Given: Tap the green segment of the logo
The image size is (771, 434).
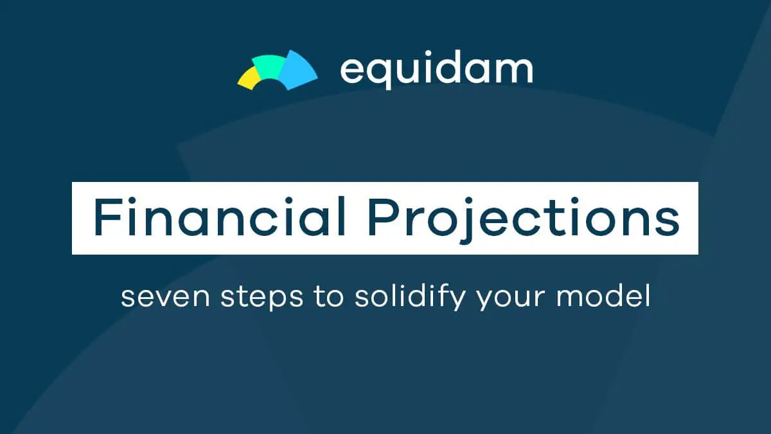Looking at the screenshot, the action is pos(269,65).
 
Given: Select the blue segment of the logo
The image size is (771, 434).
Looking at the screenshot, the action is pos(297,70).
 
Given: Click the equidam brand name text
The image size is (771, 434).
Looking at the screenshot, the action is pos(436,70).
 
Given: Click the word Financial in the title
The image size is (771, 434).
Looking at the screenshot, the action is pos(219,217).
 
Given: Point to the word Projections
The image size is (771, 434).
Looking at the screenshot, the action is pos(524,219).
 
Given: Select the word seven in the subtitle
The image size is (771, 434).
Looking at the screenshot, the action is pos(165,296).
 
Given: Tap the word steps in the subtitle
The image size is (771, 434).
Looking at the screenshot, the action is pos(261,297).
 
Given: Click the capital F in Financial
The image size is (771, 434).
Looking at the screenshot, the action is pos(107,217).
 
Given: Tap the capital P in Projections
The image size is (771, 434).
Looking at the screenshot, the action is pos(383,217).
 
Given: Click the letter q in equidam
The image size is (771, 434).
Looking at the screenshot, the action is pos(382,74).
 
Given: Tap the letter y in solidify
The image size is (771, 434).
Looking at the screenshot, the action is pos(457,300).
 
